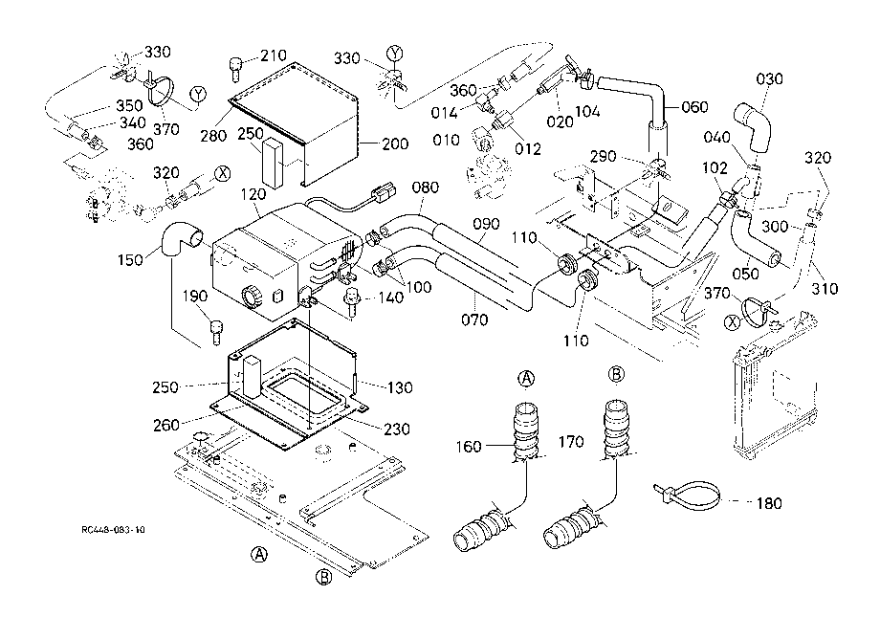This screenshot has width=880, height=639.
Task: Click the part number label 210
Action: pyautogui.click(x=274, y=55)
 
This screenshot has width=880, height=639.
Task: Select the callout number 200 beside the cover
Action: pyautogui.click(x=395, y=144)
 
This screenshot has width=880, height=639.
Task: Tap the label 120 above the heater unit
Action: pyautogui.click(x=253, y=195)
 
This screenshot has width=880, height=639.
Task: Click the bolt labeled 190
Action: pyautogui.click(x=216, y=331)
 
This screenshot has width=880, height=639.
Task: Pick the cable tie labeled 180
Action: pyautogui.click(x=688, y=495)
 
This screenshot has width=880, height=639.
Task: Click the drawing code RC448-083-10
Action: pyautogui.click(x=113, y=530)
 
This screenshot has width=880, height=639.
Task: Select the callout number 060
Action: pyautogui.click(x=694, y=106)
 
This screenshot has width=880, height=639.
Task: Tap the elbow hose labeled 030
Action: pyautogui.click(x=753, y=127)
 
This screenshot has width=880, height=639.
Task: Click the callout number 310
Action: pyautogui.click(x=825, y=288)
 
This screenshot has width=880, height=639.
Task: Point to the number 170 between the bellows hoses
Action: pyautogui.click(x=571, y=442)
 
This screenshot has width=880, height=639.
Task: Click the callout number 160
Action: pyautogui.click(x=469, y=447)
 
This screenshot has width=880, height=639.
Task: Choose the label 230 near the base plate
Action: pyautogui.click(x=397, y=430)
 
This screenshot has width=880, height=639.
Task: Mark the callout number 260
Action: pyautogui.click(x=166, y=426)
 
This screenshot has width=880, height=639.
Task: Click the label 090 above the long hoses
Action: pyautogui.click(x=486, y=224)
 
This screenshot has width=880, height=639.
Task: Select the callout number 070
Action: pyautogui.click(x=474, y=319)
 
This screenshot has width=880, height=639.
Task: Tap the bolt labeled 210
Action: pyautogui.click(x=235, y=68)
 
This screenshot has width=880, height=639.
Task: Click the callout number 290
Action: pyautogui.click(x=604, y=157)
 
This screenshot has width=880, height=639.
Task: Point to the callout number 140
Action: pyautogui.click(x=390, y=297)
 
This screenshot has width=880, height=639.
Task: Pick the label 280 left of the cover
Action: pyautogui.click(x=214, y=136)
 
